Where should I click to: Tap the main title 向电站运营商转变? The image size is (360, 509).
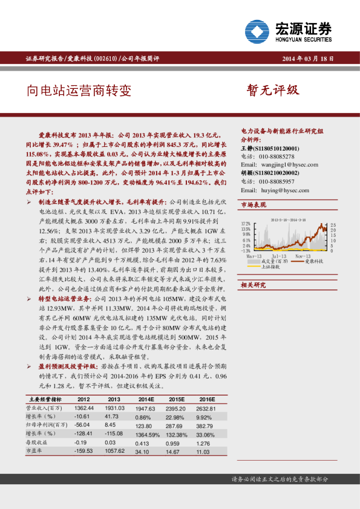pyautogui.click(x=79, y=91)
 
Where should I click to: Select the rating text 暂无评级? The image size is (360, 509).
pyautogui.click(x=273, y=90)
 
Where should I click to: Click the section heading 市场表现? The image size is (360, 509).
pyautogui.click(x=254, y=206)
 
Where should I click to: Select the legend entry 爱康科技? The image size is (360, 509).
pyautogui.click(x=313, y=261)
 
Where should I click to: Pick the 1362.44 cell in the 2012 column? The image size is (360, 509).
pyautogui.click(x=82, y=409)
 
